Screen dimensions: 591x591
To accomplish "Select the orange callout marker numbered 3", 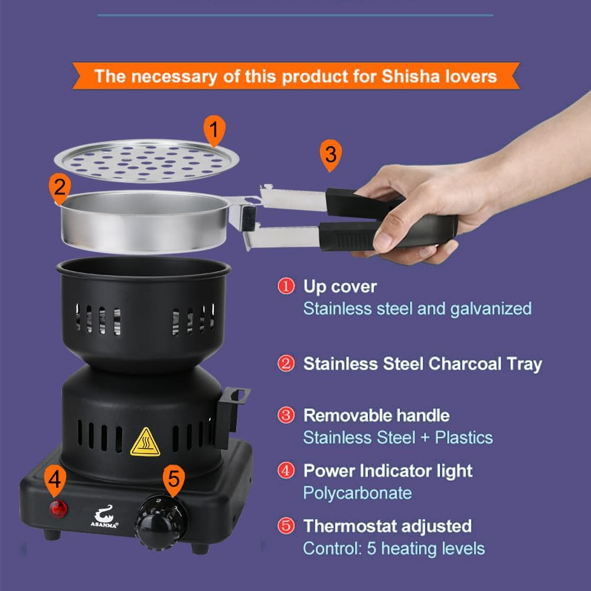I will (331, 155).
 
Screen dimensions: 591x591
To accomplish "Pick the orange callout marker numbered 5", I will (173, 479).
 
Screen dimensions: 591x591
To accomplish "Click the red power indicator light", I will (58, 508).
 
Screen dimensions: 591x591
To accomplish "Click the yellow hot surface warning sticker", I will (145, 442).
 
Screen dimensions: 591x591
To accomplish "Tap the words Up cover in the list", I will (339, 286).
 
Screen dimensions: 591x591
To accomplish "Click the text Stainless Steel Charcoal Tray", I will (422, 364).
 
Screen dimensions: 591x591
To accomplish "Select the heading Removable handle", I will (376, 415).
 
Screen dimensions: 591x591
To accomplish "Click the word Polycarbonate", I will (357, 492).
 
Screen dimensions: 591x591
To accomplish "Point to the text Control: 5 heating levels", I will (394, 548).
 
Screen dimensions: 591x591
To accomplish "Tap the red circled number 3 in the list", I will (286, 415).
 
